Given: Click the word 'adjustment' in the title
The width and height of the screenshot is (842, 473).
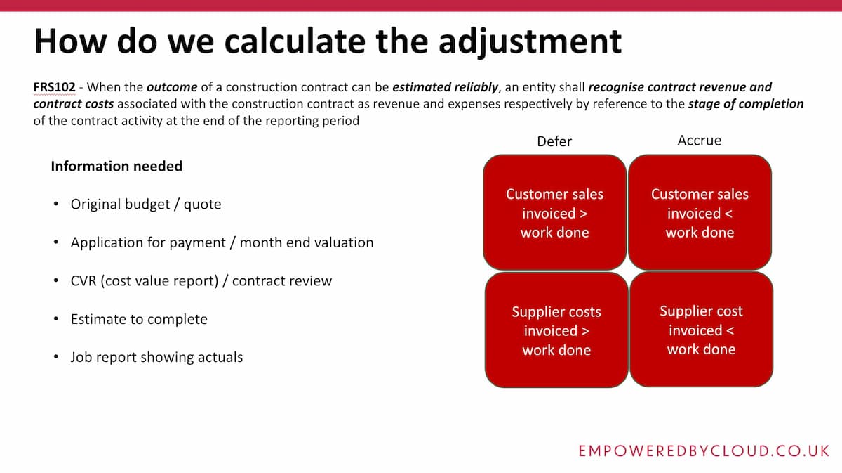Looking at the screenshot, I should pyautogui.click(x=530, y=41).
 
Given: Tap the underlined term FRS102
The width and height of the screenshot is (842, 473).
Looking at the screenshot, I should pyautogui.click(x=54, y=88).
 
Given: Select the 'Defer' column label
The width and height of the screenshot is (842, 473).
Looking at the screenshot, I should pyautogui.click(x=554, y=141).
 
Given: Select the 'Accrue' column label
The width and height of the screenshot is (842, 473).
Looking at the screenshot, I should pyautogui.click(x=699, y=141).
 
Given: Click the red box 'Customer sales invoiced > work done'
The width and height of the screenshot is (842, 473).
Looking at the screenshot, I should pyautogui.click(x=554, y=213).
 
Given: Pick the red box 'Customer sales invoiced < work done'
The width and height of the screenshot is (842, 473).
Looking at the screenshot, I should pyautogui.click(x=700, y=213).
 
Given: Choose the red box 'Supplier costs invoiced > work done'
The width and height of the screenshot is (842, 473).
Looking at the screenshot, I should pyautogui.click(x=556, y=330).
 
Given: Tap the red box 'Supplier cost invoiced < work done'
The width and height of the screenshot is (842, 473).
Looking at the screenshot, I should pyautogui.click(x=701, y=330).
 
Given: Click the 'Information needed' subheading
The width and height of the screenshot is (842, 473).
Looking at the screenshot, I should pyautogui.click(x=116, y=167).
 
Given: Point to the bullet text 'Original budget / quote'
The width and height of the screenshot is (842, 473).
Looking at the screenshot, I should pyautogui.click(x=146, y=205).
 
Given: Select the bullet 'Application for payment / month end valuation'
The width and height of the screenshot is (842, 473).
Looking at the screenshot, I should pyautogui.click(x=222, y=242).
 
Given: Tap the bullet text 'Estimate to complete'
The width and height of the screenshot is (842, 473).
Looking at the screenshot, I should pyautogui.click(x=139, y=319).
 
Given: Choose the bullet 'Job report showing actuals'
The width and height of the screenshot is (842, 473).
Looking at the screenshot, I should pyautogui.click(x=156, y=357).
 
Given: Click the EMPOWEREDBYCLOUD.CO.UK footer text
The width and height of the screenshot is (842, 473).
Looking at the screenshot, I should pyautogui.click(x=704, y=451).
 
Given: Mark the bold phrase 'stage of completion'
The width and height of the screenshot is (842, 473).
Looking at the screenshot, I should pyautogui.click(x=746, y=104).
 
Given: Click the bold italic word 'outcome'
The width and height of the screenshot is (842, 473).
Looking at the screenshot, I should pyautogui.click(x=171, y=88).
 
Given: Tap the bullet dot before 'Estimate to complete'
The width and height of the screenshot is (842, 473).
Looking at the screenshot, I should pyautogui.click(x=55, y=319).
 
